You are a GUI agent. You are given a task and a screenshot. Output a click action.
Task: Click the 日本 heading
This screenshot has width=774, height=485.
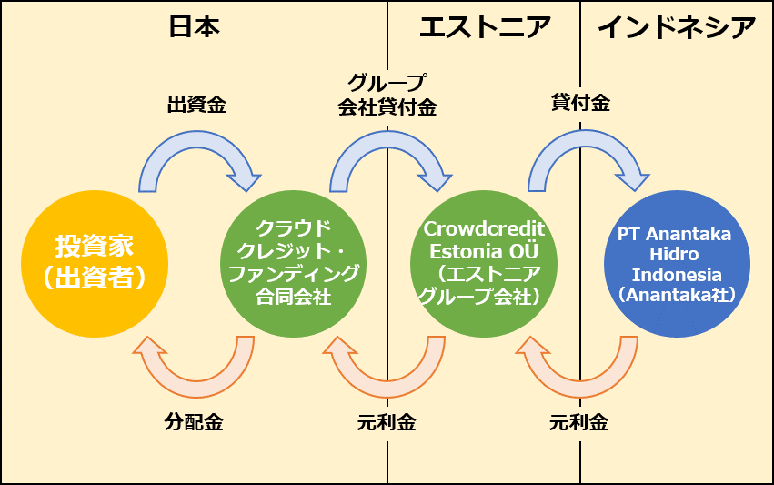point(194,27)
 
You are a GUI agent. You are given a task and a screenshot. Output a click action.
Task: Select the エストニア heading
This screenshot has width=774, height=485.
point(485,27)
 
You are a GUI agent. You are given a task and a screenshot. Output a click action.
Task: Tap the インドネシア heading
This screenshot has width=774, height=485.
point(677,27)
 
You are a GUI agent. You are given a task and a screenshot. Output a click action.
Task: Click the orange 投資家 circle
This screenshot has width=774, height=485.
point(95,264)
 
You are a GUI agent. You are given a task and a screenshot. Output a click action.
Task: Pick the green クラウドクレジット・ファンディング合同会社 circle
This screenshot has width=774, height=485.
point(293,264)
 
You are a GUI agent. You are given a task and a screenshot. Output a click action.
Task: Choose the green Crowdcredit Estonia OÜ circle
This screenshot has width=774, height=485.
point(484,264)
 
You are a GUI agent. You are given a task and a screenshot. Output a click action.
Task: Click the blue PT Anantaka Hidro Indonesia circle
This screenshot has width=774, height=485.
point(677,264)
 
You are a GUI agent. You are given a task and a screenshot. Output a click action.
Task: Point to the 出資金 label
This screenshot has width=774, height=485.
point(196,105)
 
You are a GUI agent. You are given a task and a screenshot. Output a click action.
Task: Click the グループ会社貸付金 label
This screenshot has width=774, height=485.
point(387,95)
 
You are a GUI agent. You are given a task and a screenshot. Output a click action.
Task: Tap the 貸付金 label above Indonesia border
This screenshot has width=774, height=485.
point(580,103)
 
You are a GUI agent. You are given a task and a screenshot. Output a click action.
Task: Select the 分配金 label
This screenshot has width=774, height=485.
point(194,422)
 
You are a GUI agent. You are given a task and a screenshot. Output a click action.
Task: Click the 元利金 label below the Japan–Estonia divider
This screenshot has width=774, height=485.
point(387,422)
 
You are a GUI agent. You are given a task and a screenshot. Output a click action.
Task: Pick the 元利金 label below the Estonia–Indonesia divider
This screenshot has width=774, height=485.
point(578,422)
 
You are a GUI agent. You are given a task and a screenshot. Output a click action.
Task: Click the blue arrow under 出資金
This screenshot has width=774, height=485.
point(197,140)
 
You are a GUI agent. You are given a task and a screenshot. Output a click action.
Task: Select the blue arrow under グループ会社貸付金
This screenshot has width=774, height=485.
point(388,140)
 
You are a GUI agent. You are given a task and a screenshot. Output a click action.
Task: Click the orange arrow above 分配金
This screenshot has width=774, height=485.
point(197,389)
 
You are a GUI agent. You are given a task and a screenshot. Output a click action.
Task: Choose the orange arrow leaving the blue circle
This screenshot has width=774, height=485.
point(580,389)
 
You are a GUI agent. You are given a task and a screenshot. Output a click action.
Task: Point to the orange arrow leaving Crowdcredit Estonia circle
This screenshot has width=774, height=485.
point(387,389)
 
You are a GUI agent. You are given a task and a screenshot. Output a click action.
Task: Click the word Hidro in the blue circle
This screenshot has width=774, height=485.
point(674,254)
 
